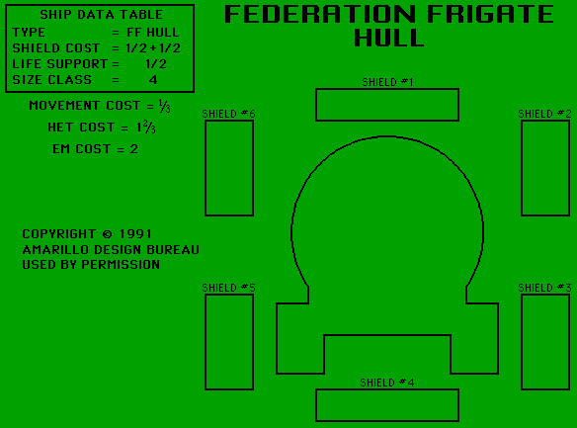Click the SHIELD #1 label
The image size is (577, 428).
coord(387,82)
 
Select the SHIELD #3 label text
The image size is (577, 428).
coord(544,288)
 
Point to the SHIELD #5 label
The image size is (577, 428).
coord(228,288)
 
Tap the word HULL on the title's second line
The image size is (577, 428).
coord(389,38)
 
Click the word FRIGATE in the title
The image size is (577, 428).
coord(490,14)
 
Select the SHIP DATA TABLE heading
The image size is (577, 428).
coord(101,15)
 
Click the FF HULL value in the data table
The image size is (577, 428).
coord(153,33)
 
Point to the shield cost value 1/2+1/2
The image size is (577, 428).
coord(153,48)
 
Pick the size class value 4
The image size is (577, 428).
coord(153,80)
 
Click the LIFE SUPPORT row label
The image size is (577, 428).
coord(59,64)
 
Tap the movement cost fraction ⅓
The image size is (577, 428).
coord(164,106)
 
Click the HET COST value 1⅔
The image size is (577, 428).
coord(146,128)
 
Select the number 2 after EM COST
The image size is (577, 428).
coord(134,149)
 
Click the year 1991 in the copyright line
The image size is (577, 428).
coord(135,234)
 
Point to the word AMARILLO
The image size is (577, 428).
coord(55,250)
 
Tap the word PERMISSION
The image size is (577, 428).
coord(121,265)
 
